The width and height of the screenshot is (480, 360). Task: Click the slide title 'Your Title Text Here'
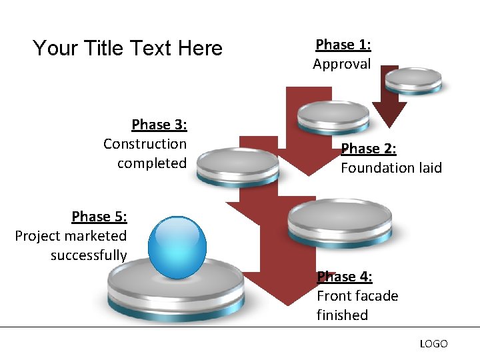127,48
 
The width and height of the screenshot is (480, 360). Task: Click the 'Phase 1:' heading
343,45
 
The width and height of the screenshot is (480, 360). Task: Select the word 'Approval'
342,64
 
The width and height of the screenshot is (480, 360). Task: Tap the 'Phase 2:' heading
369,148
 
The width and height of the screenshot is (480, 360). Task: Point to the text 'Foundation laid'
391,167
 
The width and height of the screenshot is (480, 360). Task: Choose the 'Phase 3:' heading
159,125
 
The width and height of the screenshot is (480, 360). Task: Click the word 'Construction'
145,144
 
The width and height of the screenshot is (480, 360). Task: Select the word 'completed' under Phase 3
152,163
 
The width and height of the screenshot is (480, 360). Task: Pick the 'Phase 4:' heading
345,276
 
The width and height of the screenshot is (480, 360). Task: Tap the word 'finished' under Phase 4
342,315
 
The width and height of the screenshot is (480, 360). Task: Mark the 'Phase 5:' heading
99,217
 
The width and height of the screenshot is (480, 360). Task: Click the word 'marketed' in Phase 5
99,236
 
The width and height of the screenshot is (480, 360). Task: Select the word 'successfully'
89,255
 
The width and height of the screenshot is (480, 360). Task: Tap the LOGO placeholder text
433,344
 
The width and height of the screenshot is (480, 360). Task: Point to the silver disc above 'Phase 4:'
339,222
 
